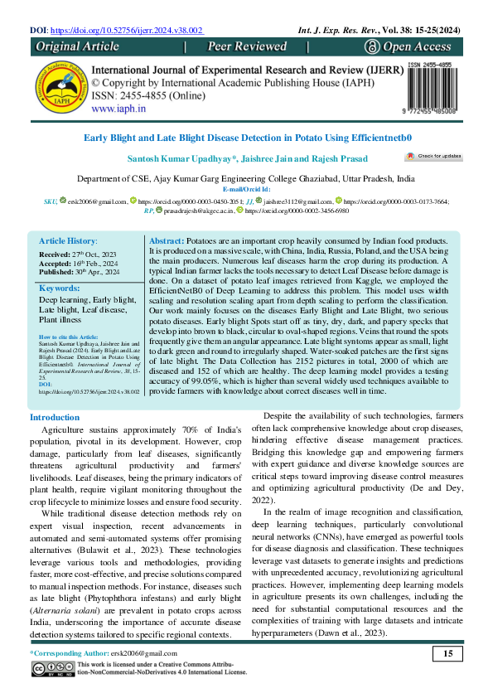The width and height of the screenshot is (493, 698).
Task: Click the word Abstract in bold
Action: click(174, 216)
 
